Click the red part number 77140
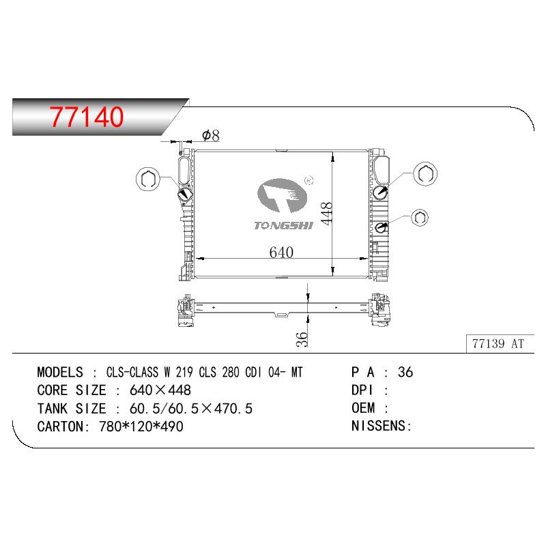point(87,117)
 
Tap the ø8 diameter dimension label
point(211,135)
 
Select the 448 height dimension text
point(327,214)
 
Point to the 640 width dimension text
point(281,252)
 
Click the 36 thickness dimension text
point(302,339)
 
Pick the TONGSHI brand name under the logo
point(283,226)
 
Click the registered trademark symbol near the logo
point(309,180)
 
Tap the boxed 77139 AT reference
point(498,344)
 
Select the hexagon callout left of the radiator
point(148,179)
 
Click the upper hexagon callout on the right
point(425,174)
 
